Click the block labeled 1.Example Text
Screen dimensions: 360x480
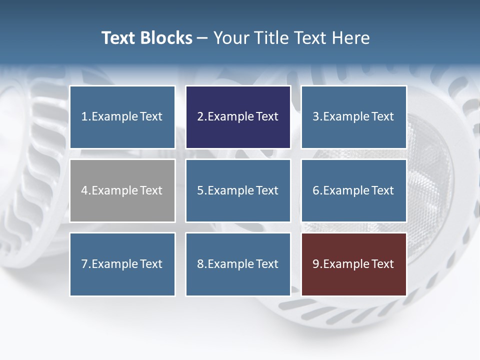pyautogui.click(x=122, y=117)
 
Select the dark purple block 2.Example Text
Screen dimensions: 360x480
pyautogui.click(x=238, y=117)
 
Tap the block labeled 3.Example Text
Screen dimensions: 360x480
pyautogui.click(x=353, y=117)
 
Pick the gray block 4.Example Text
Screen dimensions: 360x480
pyautogui.click(x=122, y=190)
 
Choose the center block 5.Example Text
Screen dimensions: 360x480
pyautogui.click(x=238, y=190)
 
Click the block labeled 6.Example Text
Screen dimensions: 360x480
pyautogui.click(x=353, y=190)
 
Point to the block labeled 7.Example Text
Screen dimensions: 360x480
pyautogui.click(x=122, y=264)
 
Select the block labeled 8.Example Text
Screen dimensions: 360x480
pyautogui.click(x=238, y=264)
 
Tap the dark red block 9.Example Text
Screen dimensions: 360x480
pyautogui.click(x=353, y=264)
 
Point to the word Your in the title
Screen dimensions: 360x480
pyautogui.click(x=229, y=38)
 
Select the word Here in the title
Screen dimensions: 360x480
pyautogui.click(x=352, y=38)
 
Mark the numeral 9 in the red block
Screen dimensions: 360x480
pyautogui.click(x=316, y=264)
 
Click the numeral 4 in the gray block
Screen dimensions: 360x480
pyautogui.click(x=84, y=190)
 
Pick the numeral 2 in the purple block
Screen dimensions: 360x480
pyautogui.click(x=200, y=117)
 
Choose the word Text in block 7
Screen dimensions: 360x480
pyautogui.click(x=151, y=264)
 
